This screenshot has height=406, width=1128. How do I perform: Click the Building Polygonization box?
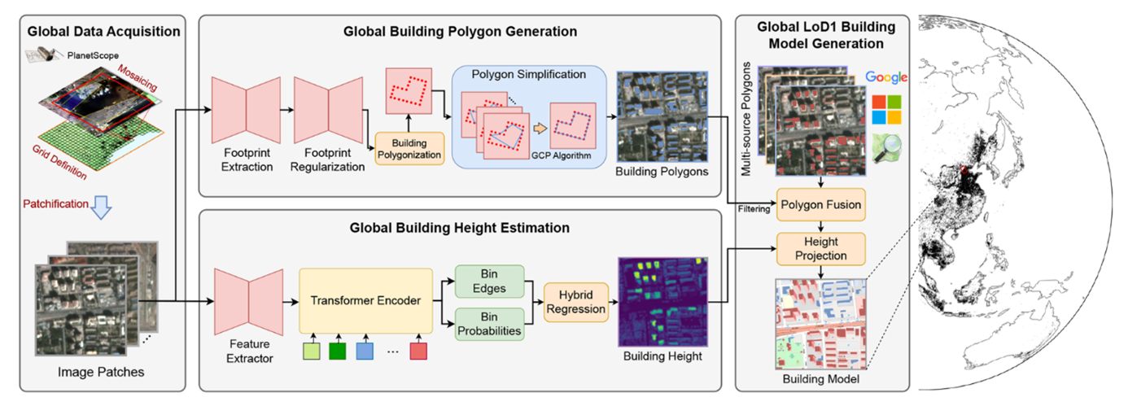pos(409,149)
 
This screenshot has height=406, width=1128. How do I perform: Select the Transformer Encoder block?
pos(365,301)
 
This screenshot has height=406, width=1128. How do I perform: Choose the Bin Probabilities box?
pos(489,325)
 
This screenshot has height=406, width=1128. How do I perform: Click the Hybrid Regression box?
pos(575,302)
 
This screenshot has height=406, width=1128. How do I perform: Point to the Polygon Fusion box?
pos(820,204)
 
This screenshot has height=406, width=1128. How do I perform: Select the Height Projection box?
pos(820,248)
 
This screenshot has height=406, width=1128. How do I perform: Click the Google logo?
pos(886,77)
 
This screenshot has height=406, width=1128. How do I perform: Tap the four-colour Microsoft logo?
pos(885,111)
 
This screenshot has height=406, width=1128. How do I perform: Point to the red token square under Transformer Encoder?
pos(418,352)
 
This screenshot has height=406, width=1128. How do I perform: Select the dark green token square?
pos(338,352)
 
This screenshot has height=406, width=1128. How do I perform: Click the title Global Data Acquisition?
pos(103,33)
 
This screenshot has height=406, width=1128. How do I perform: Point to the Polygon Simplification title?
pos(528,74)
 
